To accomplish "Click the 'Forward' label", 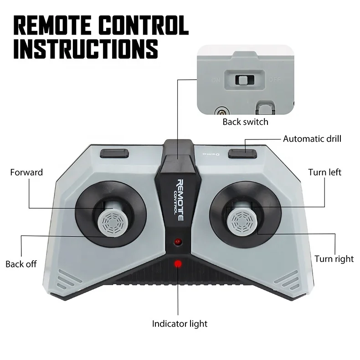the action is pyautogui.click(x=26, y=172).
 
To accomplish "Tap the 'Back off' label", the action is pyautogui.click(x=21, y=264).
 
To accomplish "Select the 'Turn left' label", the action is pyautogui.click(x=324, y=172).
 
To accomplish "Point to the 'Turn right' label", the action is pyautogui.click(x=334, y=259).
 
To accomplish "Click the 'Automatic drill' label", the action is pyautogui.click(x=312, y=139).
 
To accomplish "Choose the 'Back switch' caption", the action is pyautogui.click(x=245, y=122).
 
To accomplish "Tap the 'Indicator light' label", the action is pyautogui.click(x=180, y=324).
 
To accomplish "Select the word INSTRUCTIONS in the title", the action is pyautogui.click(x=85, y=49).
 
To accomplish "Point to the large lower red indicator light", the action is pyautogui.click(x=178, y=264).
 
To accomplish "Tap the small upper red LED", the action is pyautogui.click(x=178, y=241).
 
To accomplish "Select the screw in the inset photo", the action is pyautogui.click(x=222, y=111).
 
